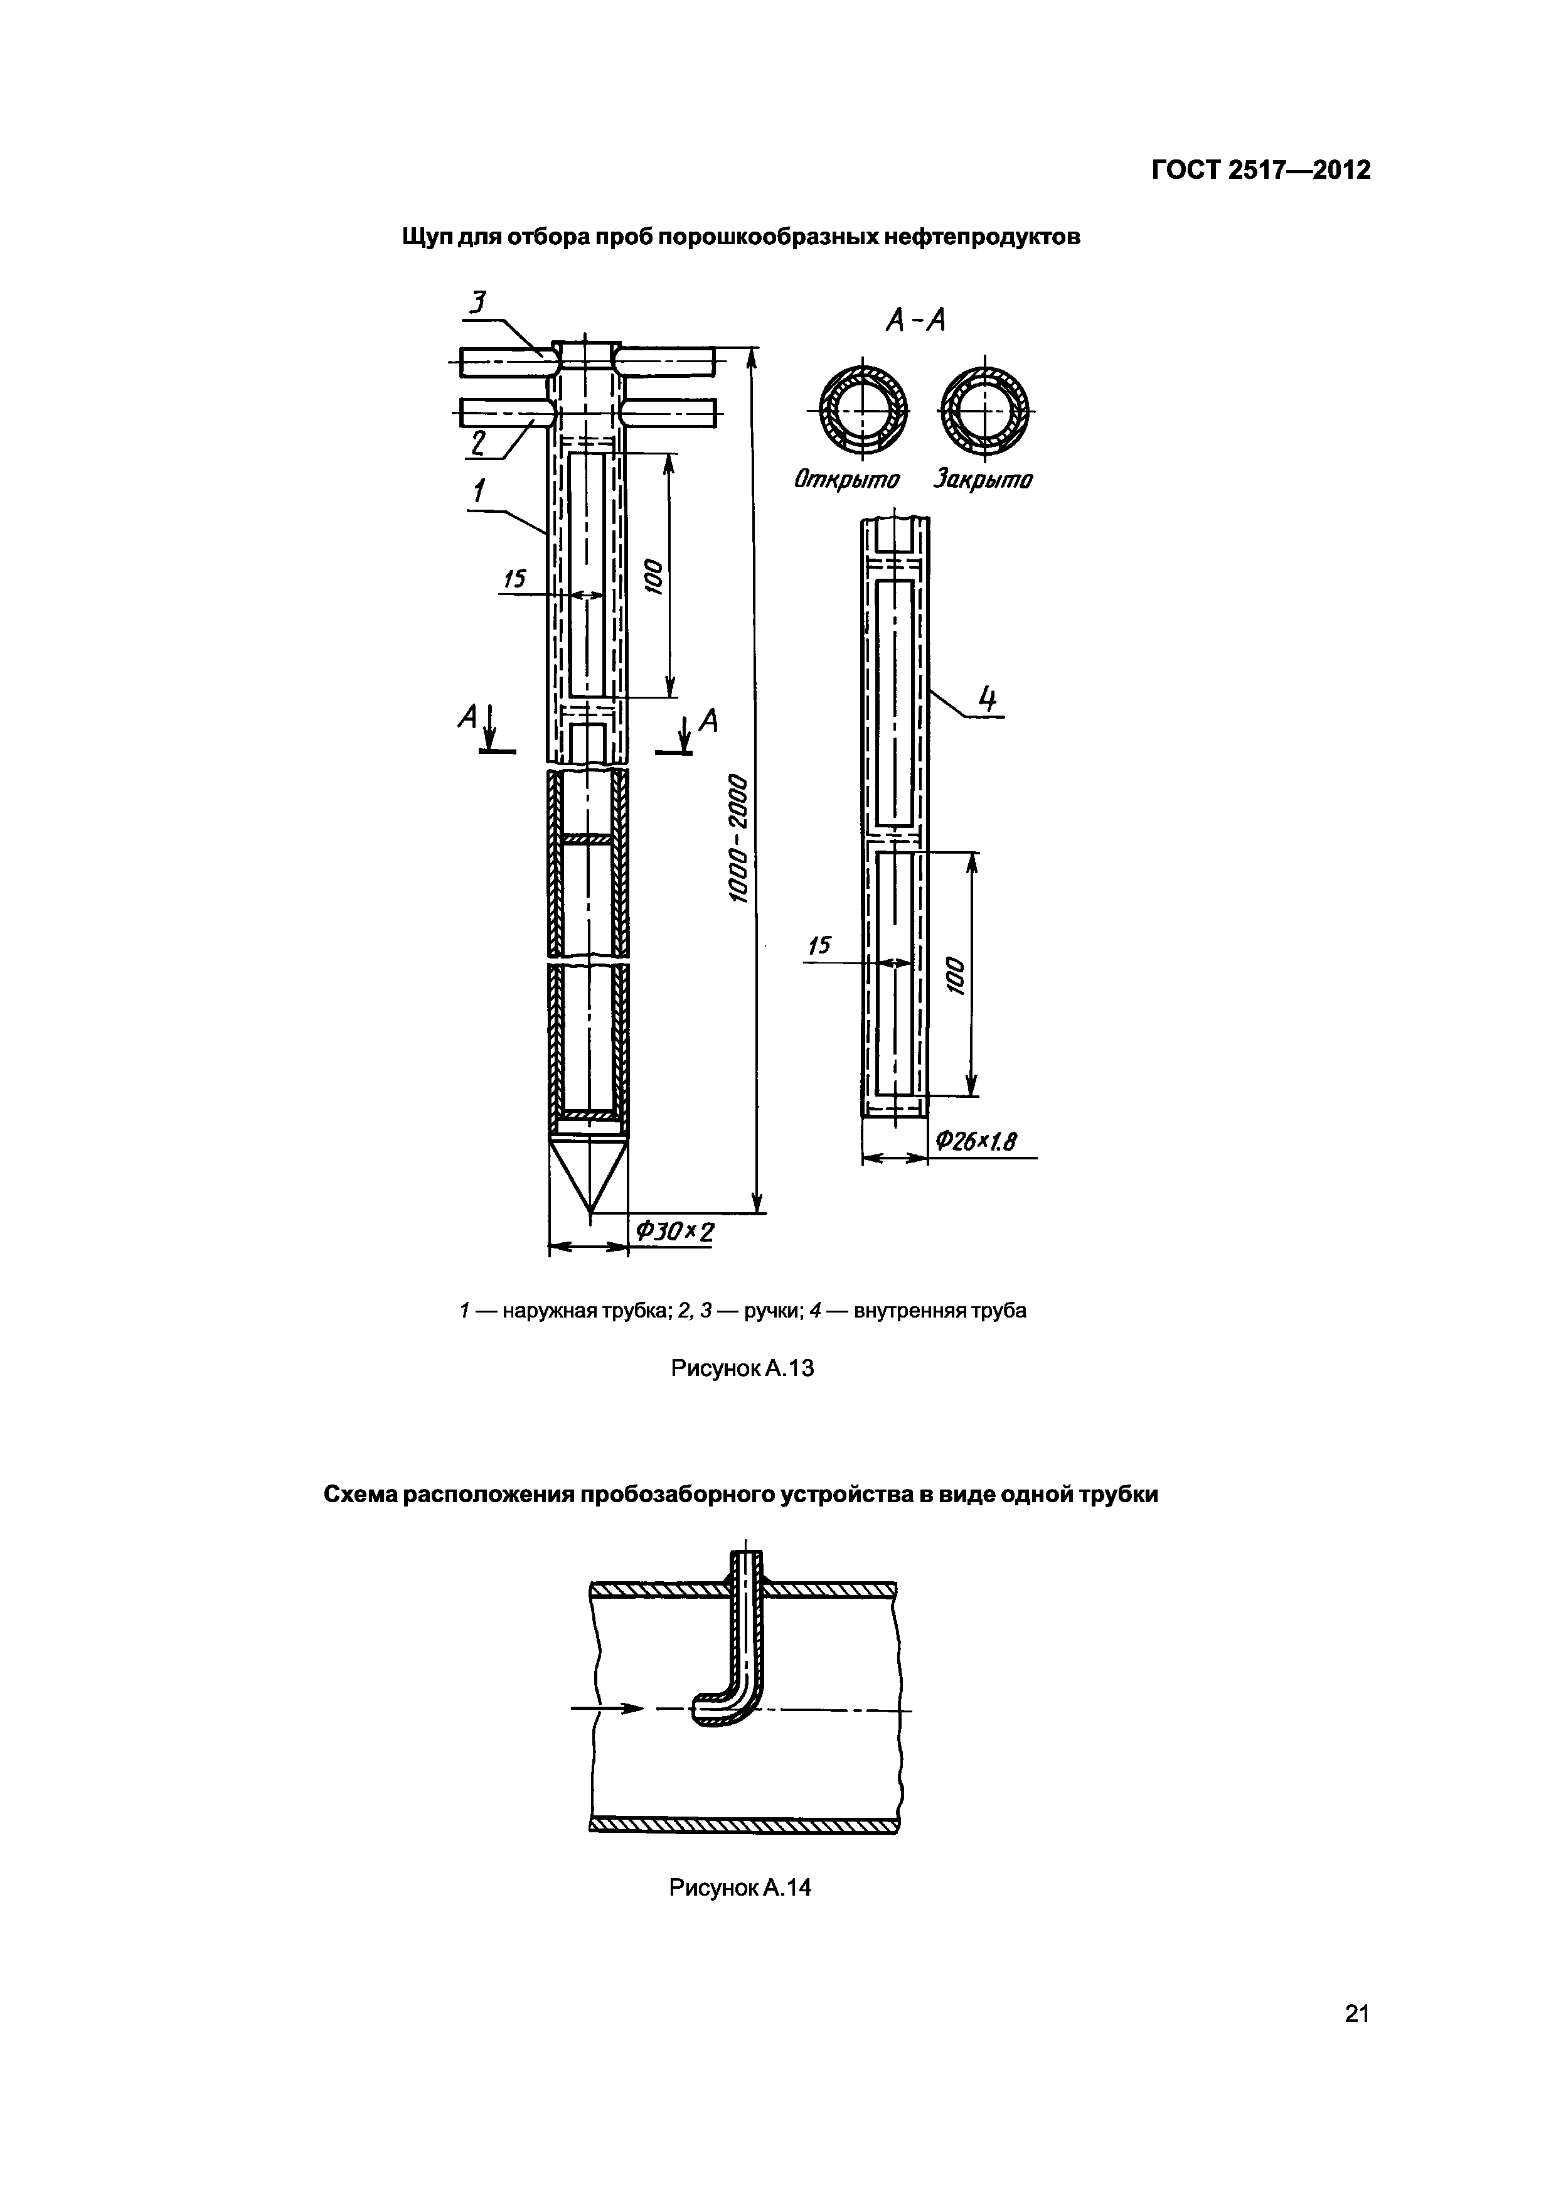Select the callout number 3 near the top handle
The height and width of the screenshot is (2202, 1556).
tap(476, 304)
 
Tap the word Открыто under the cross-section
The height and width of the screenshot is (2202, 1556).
tap(846, 480)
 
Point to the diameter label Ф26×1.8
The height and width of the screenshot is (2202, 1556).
tap(975, 1141)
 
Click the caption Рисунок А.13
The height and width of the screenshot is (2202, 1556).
tap(742, 1368)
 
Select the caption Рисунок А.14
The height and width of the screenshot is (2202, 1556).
tap(740, 1888)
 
